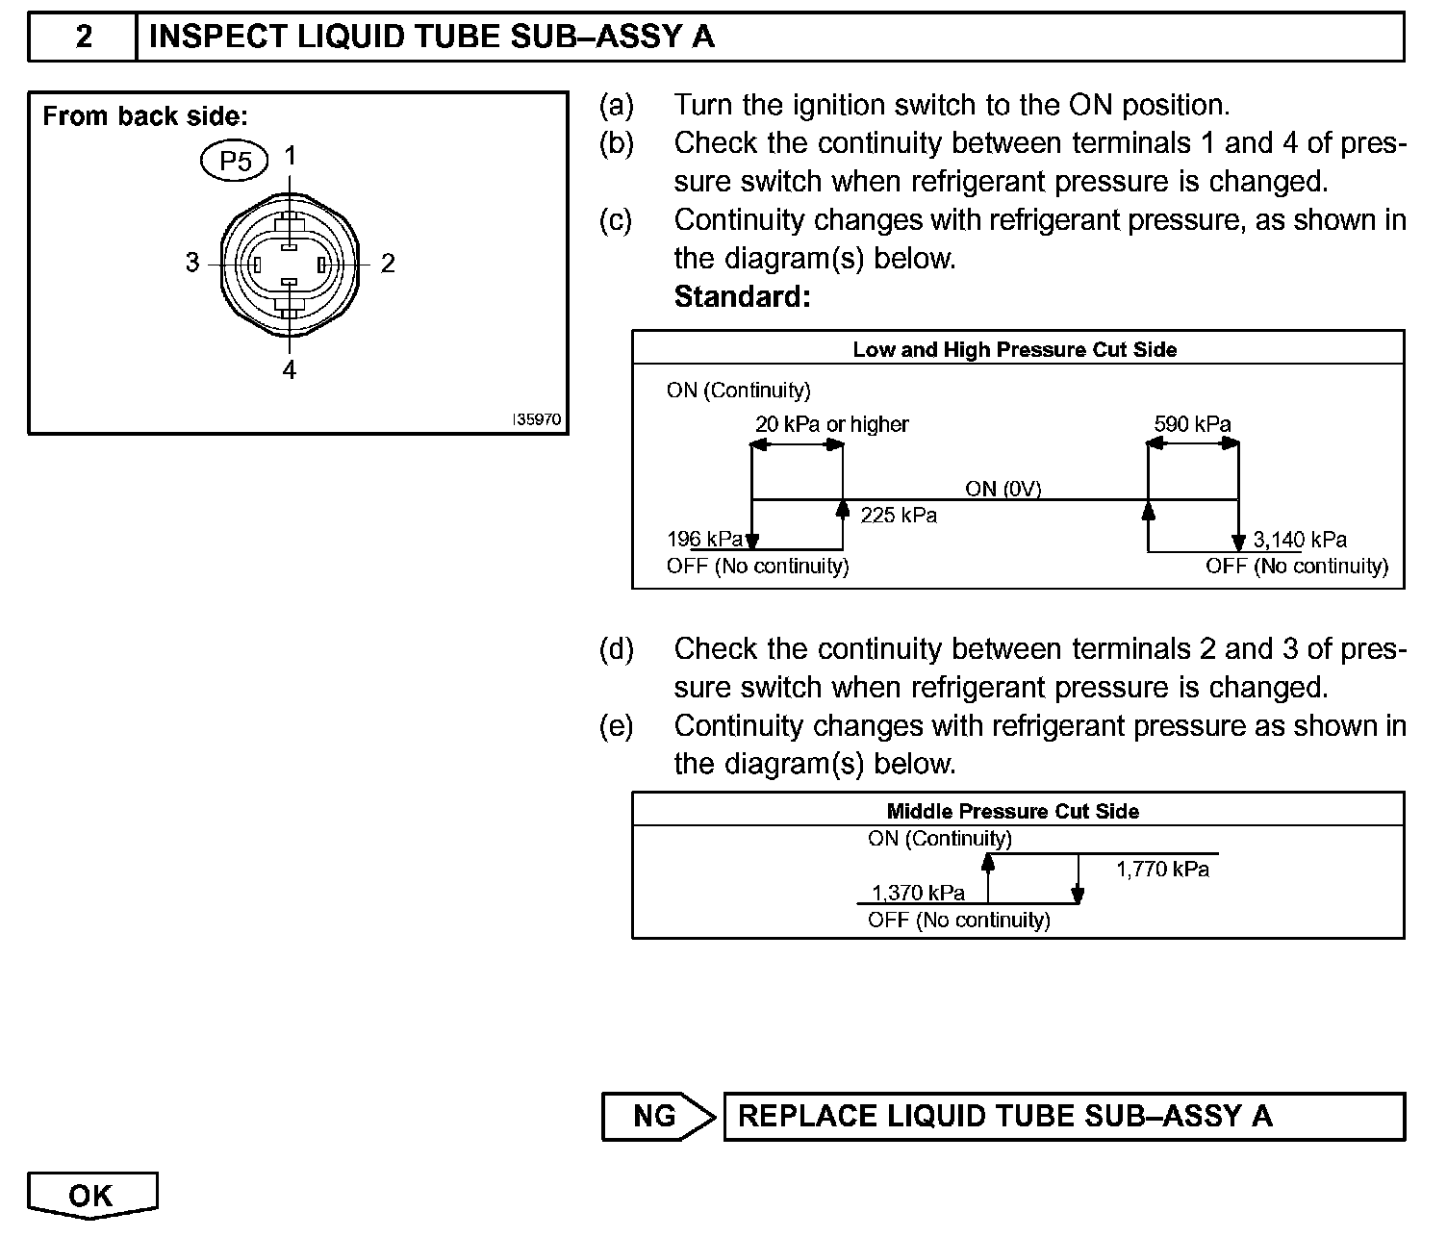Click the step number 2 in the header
[84, 37]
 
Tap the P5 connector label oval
[235, 161]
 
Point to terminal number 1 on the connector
[290, 156]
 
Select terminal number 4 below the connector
[290, 370]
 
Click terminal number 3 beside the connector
[192, 263]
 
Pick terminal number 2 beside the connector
[388, 263]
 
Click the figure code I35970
[536, 420]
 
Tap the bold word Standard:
[742, 296]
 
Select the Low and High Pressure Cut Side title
[1014, 349]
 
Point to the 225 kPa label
[899, 516]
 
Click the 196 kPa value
[704, 539]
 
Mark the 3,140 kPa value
[1300, 540]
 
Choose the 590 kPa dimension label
[1192, 424]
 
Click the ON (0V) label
[1003, 489]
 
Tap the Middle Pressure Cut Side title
[1012, 811]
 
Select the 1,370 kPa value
[918, 893]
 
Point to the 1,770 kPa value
[1162, 870]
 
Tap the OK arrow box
[91, 1196]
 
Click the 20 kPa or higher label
[831, 424]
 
